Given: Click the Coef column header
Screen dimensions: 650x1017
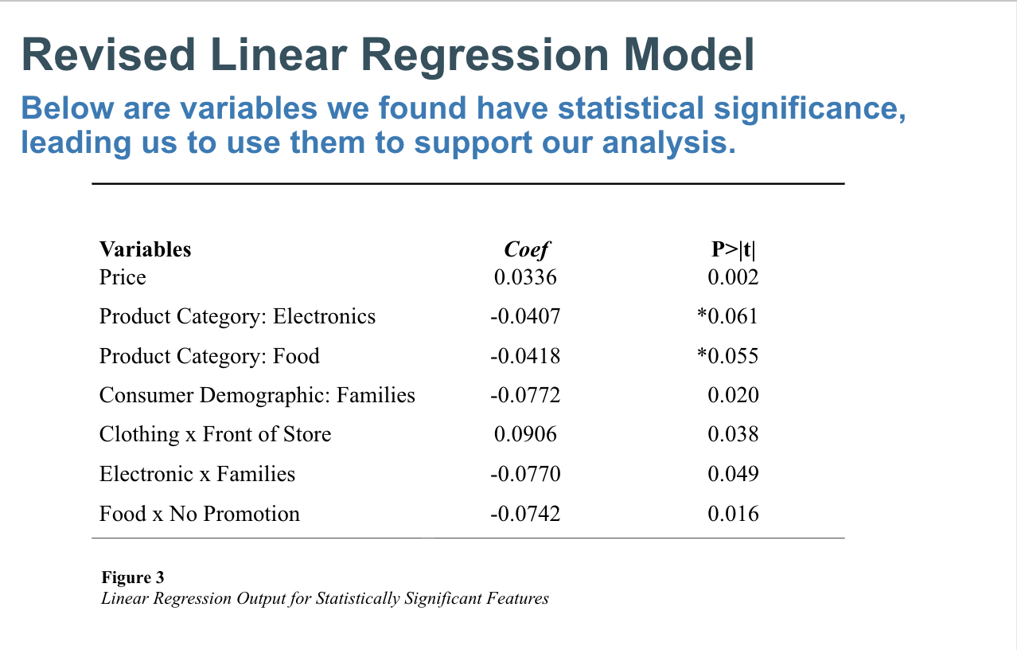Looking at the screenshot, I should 526,249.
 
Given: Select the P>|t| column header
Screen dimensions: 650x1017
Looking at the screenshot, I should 733,249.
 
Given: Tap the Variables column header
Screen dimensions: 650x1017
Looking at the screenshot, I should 145,249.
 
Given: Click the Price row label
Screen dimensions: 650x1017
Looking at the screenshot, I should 123,277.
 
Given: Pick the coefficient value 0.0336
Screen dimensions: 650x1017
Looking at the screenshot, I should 525,277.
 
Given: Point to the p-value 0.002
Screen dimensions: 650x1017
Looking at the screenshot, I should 733,277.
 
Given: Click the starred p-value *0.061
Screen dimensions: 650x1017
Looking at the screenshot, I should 727,316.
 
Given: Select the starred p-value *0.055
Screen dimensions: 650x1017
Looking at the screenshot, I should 727,355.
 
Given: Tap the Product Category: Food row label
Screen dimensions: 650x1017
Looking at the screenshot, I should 209,355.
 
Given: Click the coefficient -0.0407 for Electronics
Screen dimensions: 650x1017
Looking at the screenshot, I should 524,316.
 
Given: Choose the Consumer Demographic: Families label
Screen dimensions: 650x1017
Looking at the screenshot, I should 257,395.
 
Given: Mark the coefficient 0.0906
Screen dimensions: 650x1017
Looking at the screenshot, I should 525,434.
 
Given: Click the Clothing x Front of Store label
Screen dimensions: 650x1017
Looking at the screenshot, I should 215,434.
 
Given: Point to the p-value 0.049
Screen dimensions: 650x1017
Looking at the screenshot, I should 733,474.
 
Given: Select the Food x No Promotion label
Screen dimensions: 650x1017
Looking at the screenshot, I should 199,514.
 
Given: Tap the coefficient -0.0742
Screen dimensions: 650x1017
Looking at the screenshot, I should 524,514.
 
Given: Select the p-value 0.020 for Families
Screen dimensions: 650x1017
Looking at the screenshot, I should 733,395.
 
